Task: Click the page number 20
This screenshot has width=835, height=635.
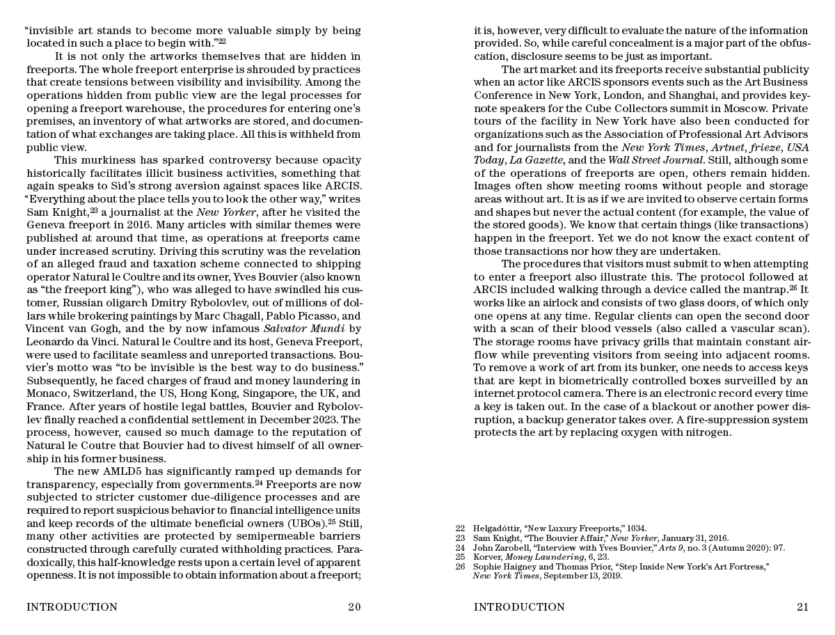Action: (354, 607)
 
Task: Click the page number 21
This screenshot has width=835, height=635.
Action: (802, 607)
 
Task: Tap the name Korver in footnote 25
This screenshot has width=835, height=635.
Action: (487, 557)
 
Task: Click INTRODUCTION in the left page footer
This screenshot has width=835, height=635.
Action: (72, 607)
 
